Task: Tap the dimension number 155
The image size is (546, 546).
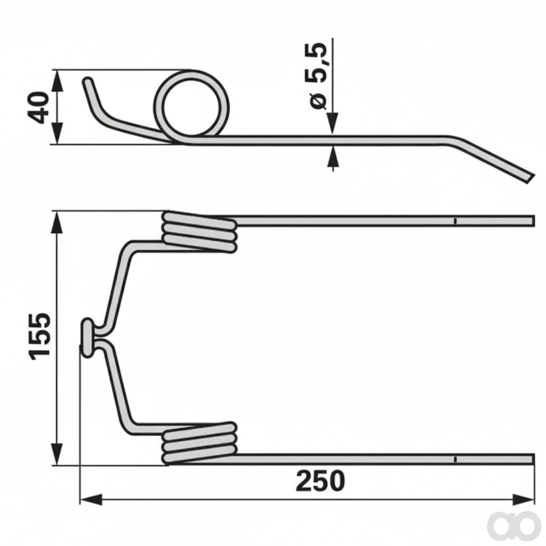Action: [x=40, y=336]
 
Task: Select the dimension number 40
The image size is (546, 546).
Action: [x=38, y=107]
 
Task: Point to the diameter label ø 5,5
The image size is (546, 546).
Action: [x=318, y=76]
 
